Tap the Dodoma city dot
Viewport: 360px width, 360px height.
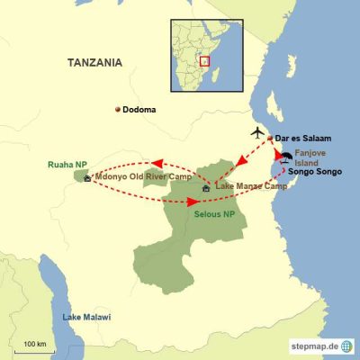117,110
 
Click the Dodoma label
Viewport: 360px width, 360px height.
139,110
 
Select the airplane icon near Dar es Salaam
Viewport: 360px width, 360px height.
259,133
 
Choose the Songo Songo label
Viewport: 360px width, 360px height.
319,171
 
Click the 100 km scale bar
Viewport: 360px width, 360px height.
36,349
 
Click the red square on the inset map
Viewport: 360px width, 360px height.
204,61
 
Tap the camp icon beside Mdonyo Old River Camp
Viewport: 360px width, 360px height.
87,178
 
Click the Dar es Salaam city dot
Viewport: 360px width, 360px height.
270,139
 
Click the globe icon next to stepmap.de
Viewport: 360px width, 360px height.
346,346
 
